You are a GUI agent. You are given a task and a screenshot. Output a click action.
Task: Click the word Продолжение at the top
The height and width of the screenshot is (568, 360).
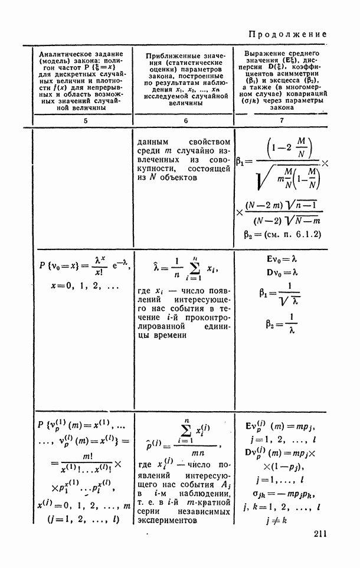tap(287, 34)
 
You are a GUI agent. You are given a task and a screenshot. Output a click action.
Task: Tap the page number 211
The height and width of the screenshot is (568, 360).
tap(317, 534)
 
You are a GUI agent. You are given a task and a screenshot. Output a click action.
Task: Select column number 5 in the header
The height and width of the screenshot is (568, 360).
tap(85, 120)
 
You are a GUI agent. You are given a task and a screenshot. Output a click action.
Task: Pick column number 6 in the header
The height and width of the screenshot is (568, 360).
tap(185, 120)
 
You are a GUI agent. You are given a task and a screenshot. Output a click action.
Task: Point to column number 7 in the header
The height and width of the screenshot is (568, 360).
tap(281, 120)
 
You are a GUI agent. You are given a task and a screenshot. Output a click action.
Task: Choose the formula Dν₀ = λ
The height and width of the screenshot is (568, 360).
tap(281, 272)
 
